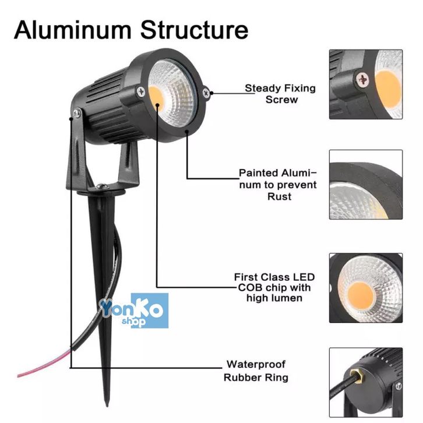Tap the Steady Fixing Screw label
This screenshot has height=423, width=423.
click(x=280, y=94)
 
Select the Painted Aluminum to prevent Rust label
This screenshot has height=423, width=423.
click(x=277, y=185)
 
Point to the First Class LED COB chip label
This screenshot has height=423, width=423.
click(x=272, y=288)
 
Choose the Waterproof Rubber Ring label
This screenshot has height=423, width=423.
click(x=256, y=371)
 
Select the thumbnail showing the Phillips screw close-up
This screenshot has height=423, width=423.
click(x=365, y=84)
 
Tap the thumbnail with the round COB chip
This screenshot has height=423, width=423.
click(x=365, y=288)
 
